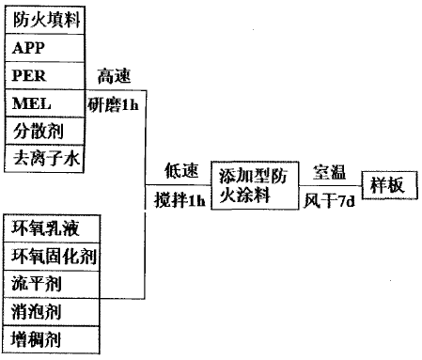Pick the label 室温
click(x=329, y=172)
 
